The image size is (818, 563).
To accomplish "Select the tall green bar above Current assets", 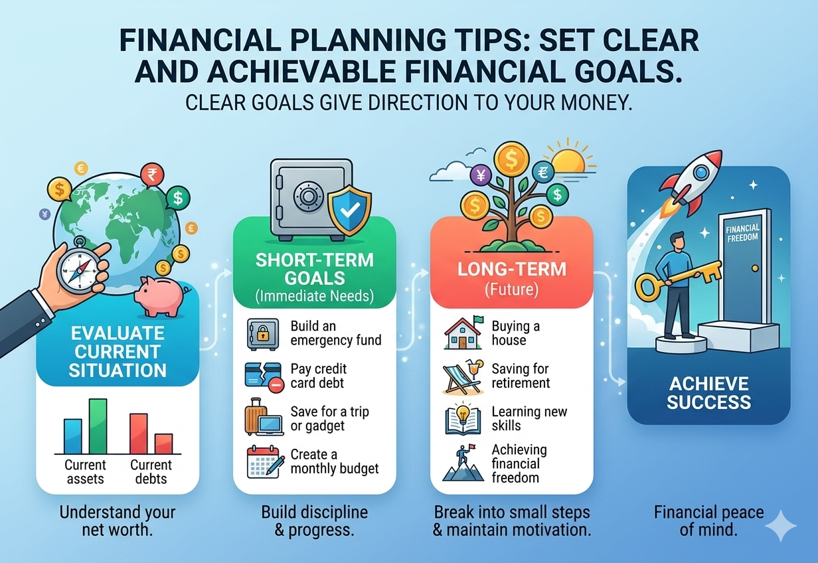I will click(x=98, y=426).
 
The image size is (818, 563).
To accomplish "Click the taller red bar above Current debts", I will click(x=138, y=433).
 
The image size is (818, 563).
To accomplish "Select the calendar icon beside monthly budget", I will click(x=261, y=462).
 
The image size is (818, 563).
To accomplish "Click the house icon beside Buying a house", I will click(x=463, y=334).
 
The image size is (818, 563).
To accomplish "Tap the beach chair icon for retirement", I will click(x=463, y=376).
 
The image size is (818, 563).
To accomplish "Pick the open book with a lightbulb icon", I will click(x=463, y=420).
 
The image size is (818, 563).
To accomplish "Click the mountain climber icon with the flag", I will click(x=463, y=462).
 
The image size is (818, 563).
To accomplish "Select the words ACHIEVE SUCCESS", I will click(x=708, y=393).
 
